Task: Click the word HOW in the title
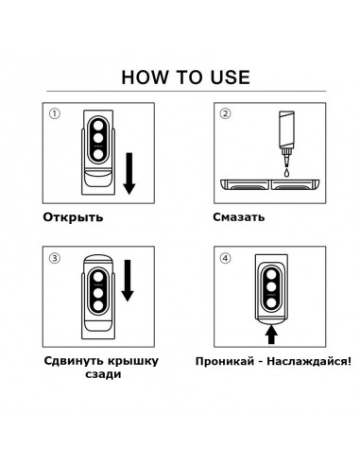(x=145, y=77)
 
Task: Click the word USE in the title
(x=231, y=77)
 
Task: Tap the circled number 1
(x=55, y=113)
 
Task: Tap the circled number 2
(x=225, y=113)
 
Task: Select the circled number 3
(x=55, y=258)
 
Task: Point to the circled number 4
(x=225, y=258)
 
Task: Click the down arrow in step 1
(x=129, y=174)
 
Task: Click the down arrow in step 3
(x=128, y=281)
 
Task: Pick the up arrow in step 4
(x=271, y=335)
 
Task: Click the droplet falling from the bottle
(x=286, y=173)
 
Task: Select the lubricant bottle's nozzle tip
(x=286, y=164)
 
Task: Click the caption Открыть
(x=73, y=217)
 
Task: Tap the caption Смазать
(x=239, y=217)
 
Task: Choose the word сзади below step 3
(x=103, y=375)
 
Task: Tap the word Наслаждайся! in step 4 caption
(x=309, y=361)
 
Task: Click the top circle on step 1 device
(x=98, y=124)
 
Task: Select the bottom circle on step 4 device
(x=270, y=303)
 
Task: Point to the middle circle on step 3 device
(x=98, y=292)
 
